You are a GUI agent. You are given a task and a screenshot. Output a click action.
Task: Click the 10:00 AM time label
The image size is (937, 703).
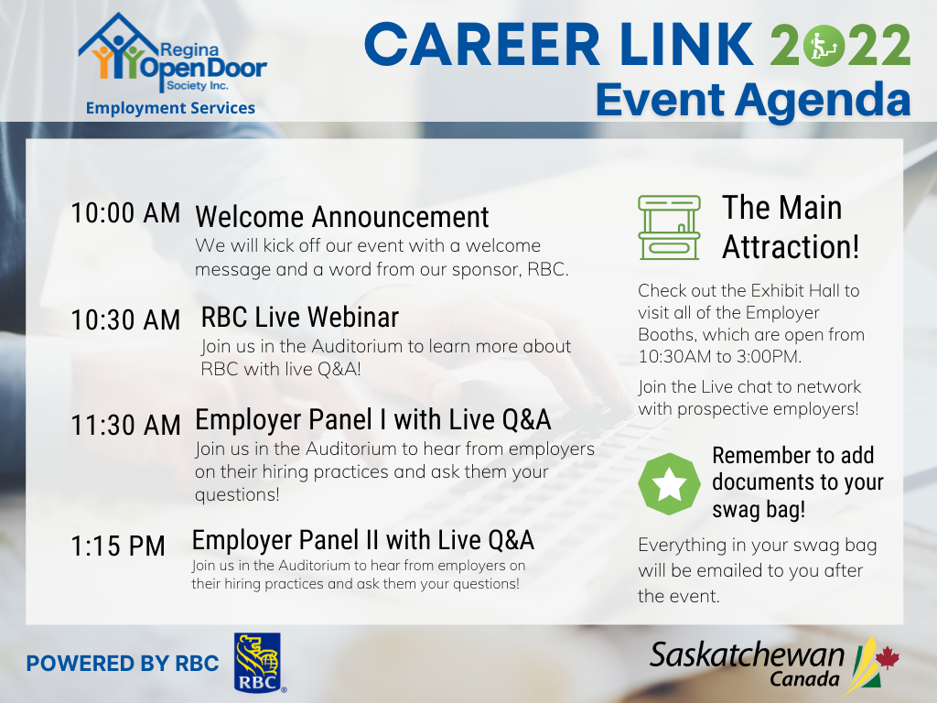[x=125, y=213]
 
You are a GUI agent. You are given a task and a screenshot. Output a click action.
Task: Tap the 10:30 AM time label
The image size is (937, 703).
[x=125, y=319]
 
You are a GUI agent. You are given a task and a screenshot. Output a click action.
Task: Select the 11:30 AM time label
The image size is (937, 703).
[x=125, y=426]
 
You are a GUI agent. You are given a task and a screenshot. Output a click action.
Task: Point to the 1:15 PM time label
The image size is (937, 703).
[x=118, y=546]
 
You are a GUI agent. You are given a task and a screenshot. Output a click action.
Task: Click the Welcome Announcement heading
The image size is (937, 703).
[x=342, y=216]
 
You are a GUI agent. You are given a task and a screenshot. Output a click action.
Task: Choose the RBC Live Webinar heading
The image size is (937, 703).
[x=300, y=317]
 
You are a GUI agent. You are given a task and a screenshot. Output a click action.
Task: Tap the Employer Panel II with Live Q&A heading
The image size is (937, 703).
[x=362, y=540]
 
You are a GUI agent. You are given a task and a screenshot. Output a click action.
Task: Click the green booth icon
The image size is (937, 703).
[x=669, y=227]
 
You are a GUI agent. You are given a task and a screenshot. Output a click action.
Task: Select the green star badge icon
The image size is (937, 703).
[x=669, y=484]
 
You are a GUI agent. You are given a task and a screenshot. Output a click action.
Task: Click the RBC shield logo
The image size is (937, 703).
[x=257, y=663]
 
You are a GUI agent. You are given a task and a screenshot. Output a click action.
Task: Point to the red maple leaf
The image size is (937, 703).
[x=888, y=658]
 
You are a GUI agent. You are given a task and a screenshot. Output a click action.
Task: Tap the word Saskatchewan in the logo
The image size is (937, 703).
[x=747, y=654]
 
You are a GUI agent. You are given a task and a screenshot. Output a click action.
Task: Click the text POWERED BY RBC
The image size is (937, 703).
[x=123, y=664]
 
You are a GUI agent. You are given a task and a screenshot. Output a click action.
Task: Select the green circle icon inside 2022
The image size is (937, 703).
[x=824, y=46]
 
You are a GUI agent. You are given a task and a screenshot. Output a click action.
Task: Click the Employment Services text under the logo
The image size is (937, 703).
[x=170, y=108]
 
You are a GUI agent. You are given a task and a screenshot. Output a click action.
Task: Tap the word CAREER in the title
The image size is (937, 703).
[x=482, y=45]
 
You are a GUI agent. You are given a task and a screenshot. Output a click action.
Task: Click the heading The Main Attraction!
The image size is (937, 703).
[x=791, y=227]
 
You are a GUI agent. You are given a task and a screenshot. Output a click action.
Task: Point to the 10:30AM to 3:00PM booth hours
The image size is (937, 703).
[x=719, y=357]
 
